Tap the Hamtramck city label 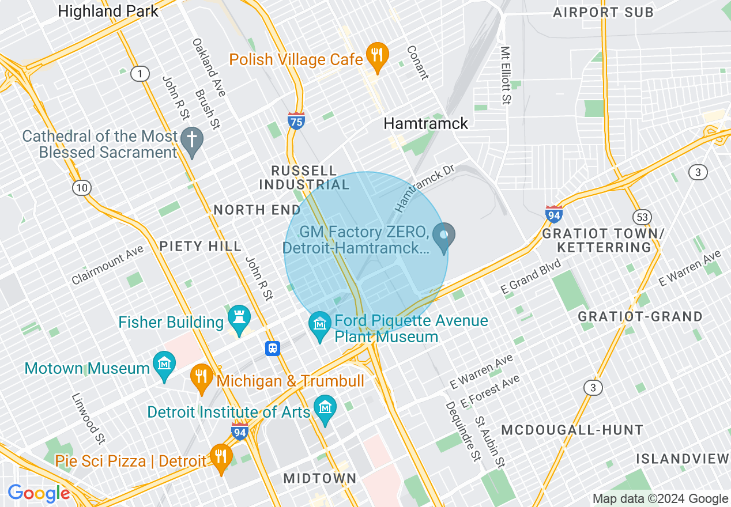[426, 123]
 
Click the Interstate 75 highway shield [296, 120]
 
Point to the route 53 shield [642, 217]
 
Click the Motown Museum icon [164, 365]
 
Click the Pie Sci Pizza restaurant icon [221, 457]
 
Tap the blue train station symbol [273, 348]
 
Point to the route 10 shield [82, 187]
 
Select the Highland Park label [108, 11]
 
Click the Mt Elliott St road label [506, 75]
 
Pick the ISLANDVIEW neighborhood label [683, 459]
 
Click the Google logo [39, 494]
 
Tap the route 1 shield [139, 73]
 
